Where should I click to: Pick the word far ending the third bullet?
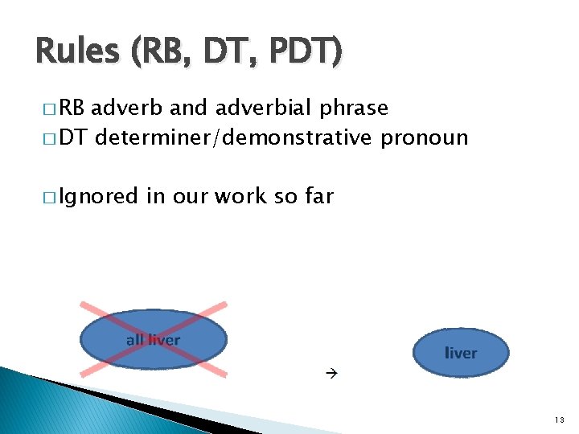click(315, 195)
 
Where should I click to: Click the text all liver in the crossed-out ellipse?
click(153, 340)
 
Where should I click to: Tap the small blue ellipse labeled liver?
click(461, 352)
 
